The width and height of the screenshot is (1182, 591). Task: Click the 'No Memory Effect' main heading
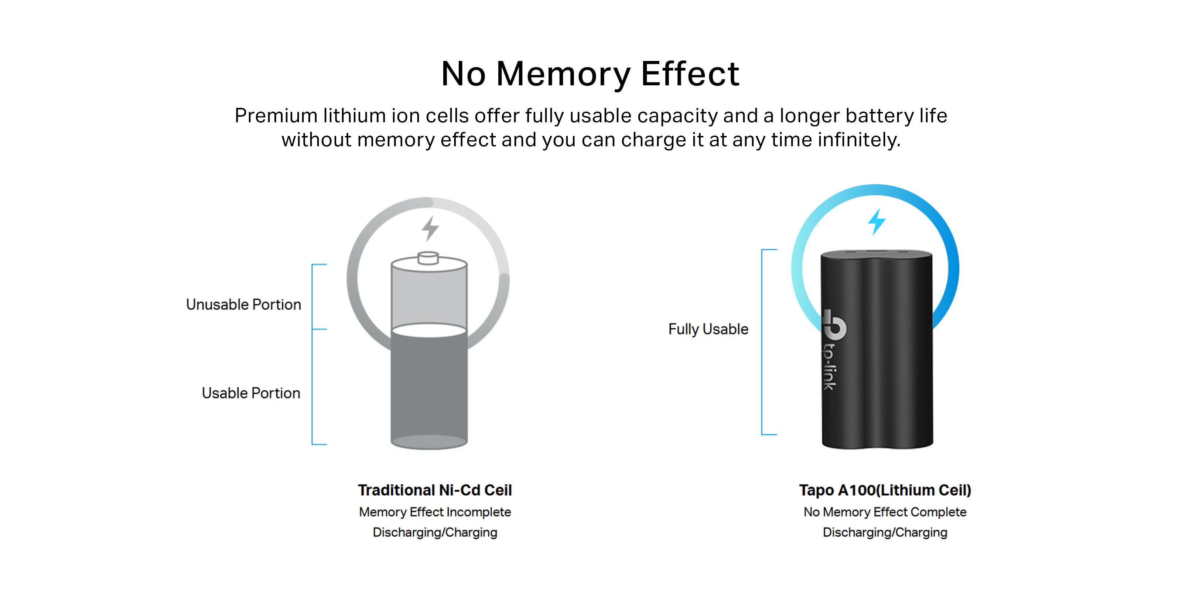tap(590, 74)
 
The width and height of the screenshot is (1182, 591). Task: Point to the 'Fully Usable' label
tap(708, 329)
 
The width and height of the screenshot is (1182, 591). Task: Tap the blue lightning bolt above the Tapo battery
tap(877, 221)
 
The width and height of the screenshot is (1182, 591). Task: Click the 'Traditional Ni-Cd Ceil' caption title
tap(434, 490)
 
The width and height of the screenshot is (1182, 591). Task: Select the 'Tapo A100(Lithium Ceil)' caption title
tap(885, 490)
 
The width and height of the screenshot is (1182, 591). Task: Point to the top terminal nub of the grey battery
tap(428, 258)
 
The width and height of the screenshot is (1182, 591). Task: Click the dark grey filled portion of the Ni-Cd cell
tap(429, 390)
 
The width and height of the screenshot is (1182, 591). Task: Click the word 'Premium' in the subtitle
tap(276, 116)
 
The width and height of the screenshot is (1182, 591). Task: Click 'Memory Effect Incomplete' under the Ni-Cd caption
tap(434, 512)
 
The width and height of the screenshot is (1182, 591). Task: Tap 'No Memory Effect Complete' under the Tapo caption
tap(885, 512)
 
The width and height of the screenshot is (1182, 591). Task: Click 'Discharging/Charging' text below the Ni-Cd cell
tap(434, 532)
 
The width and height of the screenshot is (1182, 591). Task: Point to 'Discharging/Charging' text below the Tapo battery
tap(885, 532)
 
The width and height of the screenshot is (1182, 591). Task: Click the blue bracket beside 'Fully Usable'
tap(763, 342)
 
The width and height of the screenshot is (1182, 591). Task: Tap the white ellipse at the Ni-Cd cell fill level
tap(429, 330)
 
